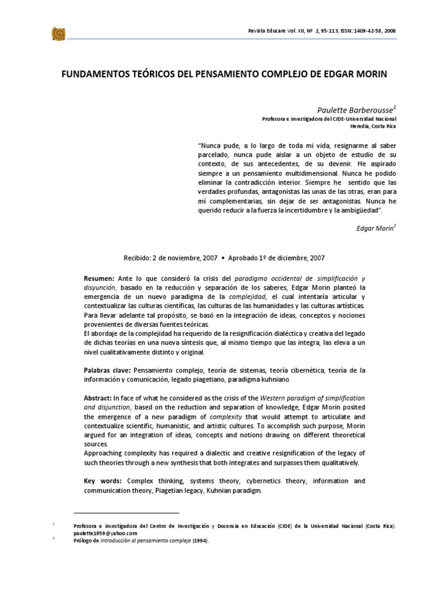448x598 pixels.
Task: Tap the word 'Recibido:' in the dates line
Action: (137, 258)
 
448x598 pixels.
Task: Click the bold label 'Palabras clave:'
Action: (108, 370)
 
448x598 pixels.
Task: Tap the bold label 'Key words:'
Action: (102, 481)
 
